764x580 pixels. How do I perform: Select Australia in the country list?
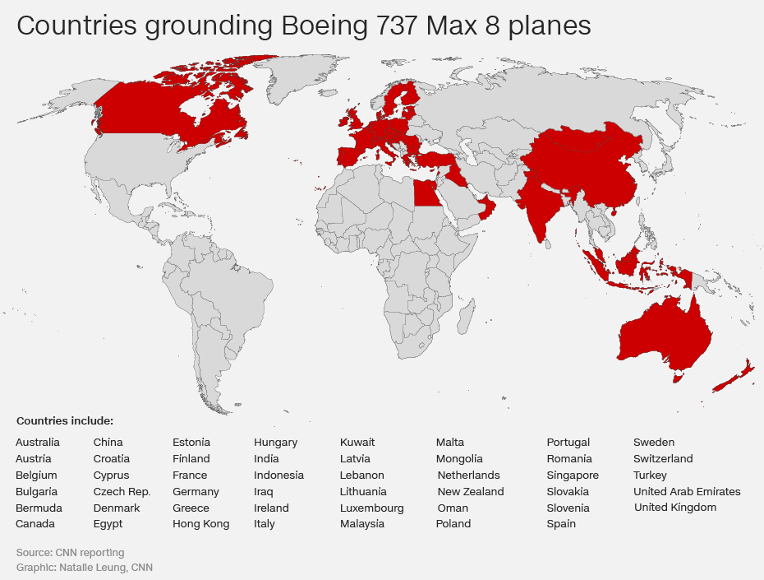click(38, 443)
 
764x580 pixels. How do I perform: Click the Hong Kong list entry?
click(200, 524)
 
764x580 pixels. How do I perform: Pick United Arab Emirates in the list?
click(687, 492)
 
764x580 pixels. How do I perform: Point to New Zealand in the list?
click(471, 492)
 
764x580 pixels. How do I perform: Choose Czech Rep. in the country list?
click(122, 492)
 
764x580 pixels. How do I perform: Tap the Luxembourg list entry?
click(372, 508)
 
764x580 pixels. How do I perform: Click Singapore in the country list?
click(573, 476)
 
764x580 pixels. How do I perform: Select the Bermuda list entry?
click(39, 508)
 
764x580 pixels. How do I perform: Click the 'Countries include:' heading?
click(65, 421)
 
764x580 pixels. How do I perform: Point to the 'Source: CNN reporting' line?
click(71, 553)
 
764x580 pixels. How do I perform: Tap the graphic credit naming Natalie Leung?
click(85, 568)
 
